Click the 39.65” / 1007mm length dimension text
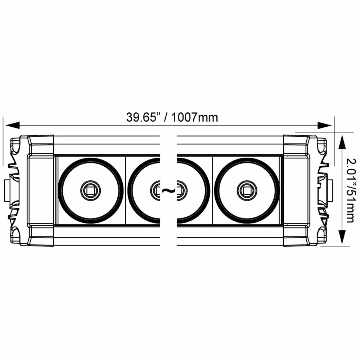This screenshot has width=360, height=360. pyautogui.click(x=172, y=117)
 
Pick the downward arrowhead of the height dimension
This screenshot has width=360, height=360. pyautogui.click(x=342, y=239)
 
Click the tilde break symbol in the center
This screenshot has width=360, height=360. pyautogui.click(x=168, y=190)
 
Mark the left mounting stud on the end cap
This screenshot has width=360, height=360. pyautogui.click(x=7, y=190)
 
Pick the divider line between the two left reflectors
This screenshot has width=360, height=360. pyautogui.click(x=125, y=190)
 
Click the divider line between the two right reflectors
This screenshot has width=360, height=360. pyautogui.click(x=212, y=190)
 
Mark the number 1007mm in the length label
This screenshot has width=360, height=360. pyautogui.click(x=195, y=117)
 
